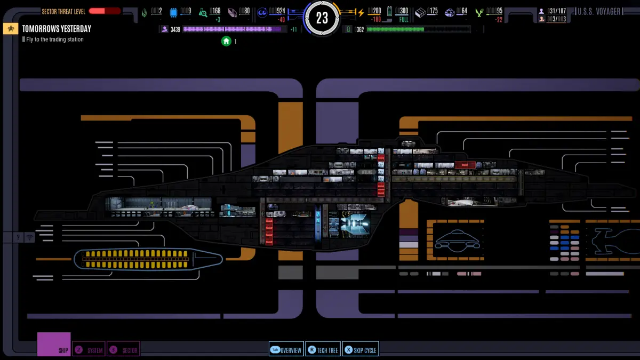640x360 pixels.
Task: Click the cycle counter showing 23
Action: pos(322,18)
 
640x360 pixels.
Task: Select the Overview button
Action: pos(286,350)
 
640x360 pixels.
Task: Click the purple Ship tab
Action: pos(54,345)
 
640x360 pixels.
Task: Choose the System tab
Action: pos(89,350)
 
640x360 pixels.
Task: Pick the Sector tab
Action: pos(124,350)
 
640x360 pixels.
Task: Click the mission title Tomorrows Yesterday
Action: pos(57,29)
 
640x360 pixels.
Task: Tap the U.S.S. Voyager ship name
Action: pos(599,11)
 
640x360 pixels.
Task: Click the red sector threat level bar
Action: pos(105,11)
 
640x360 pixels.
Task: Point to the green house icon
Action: pos(226,41)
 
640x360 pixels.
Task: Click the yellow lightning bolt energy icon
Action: pos(361,12)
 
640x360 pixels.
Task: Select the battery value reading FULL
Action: pos(403,19)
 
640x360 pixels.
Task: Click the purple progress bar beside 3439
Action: pos(235,29)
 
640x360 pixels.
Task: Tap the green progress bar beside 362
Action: pos(418,29)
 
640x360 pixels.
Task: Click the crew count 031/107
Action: pos(556,11)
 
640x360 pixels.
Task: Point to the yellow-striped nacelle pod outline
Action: pos(148,259)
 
